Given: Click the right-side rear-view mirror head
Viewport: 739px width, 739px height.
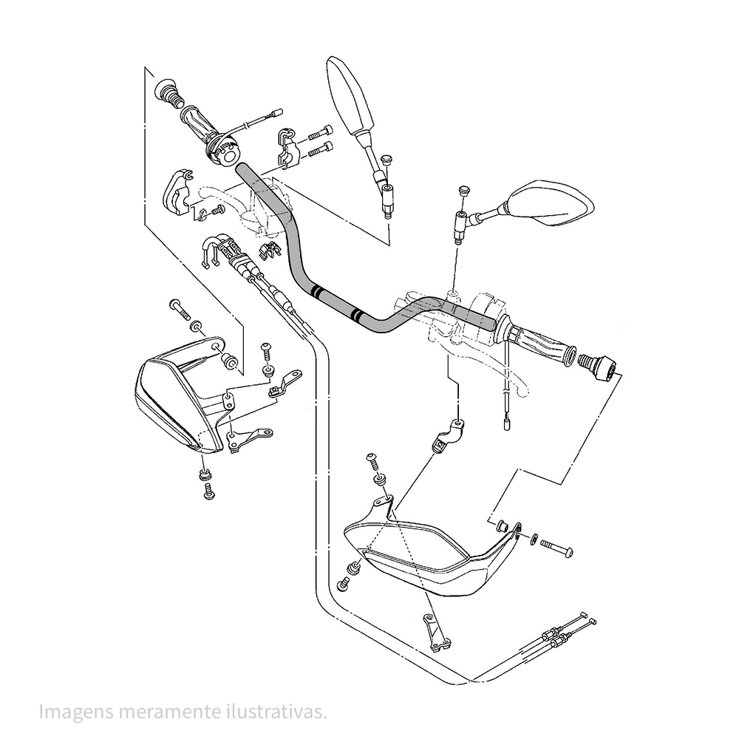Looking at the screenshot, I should pos(553,203).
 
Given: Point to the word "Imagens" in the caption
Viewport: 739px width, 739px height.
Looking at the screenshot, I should pos(71,712).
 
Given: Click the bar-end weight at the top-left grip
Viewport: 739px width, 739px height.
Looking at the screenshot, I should pos(169,94).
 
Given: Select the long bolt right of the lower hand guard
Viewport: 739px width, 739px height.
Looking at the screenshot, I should pos(559,548).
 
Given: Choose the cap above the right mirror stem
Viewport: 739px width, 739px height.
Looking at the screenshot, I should pos(464,191).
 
